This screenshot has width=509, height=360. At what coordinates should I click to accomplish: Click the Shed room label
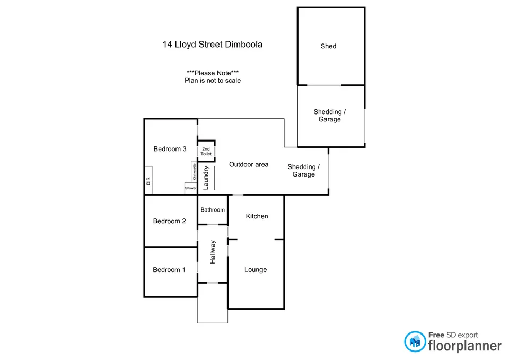click(x=328, y=46)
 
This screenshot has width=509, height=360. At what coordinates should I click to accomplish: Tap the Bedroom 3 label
click(x=170, y=149)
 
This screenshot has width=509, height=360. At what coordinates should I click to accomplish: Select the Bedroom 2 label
click(x=169, y=221)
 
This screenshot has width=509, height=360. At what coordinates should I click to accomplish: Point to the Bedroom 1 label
click(x=169, y=270)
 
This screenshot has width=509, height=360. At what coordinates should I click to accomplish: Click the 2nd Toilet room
click(x=206, y=151)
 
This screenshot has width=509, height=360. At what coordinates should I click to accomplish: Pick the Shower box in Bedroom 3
click(x=190, y=188)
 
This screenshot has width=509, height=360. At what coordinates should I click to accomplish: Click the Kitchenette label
click(x=195, y=172)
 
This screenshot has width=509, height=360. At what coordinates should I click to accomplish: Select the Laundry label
click(x=207, y=177)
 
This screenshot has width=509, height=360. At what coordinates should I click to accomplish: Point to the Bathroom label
click(x=213, y=210)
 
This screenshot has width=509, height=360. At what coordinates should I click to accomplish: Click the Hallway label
click(x=213, y=252)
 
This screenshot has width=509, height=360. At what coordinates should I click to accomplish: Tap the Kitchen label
click(x=257, y=216)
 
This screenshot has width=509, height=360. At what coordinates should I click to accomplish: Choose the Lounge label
click(x=256, y=270)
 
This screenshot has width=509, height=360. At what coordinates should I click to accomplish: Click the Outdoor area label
click(x=249, y=164)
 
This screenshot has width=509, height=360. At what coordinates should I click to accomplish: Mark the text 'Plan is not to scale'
click(x=212, y=81)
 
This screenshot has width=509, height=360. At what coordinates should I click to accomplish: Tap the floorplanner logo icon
click(x=415, y=342)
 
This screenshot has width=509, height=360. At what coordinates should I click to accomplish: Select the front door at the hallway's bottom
click(x=212, y=283)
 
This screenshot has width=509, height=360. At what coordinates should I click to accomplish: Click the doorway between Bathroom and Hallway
click(x=212, y=225)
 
